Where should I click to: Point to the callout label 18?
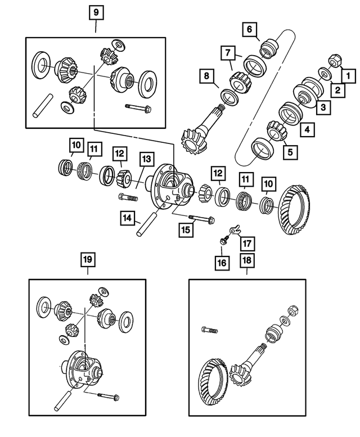tap(246, 260)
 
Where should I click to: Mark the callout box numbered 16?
tap(223, 262)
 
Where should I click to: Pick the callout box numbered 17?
tap(246, 244)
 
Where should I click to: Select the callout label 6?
tap(250, 29)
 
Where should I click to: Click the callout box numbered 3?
tap(323, 107)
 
